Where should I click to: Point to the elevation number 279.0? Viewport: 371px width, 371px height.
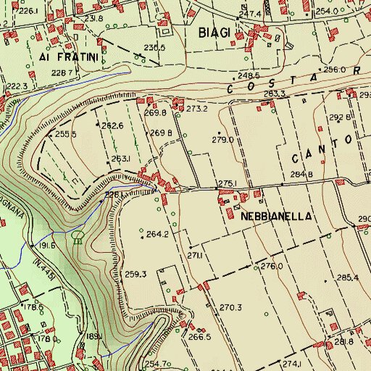[222, 140]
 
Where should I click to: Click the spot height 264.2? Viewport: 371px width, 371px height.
[157, 234]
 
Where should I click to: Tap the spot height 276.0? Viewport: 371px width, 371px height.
[272, 266]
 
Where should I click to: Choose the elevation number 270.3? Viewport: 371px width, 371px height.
[230, 307]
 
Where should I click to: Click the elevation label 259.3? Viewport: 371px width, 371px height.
[136, 274]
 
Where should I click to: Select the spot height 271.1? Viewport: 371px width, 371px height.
[194, 256]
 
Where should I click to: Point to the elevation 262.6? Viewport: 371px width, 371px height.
[112, 125]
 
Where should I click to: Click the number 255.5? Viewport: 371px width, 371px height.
[66, 134]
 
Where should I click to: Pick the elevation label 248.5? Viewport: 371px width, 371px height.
[248, 75]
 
